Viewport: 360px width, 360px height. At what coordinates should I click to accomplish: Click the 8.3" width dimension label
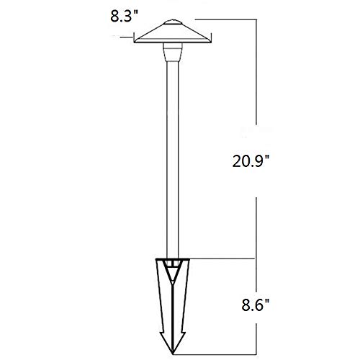(x=125, y=17)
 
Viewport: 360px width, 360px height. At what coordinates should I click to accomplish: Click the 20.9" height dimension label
(x=251, y=161)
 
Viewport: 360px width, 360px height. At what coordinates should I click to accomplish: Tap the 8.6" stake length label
(x=256, y=305)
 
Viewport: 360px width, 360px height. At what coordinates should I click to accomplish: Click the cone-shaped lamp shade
(x=173, y=33)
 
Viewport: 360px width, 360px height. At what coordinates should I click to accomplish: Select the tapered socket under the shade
(x=173, y=52)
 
